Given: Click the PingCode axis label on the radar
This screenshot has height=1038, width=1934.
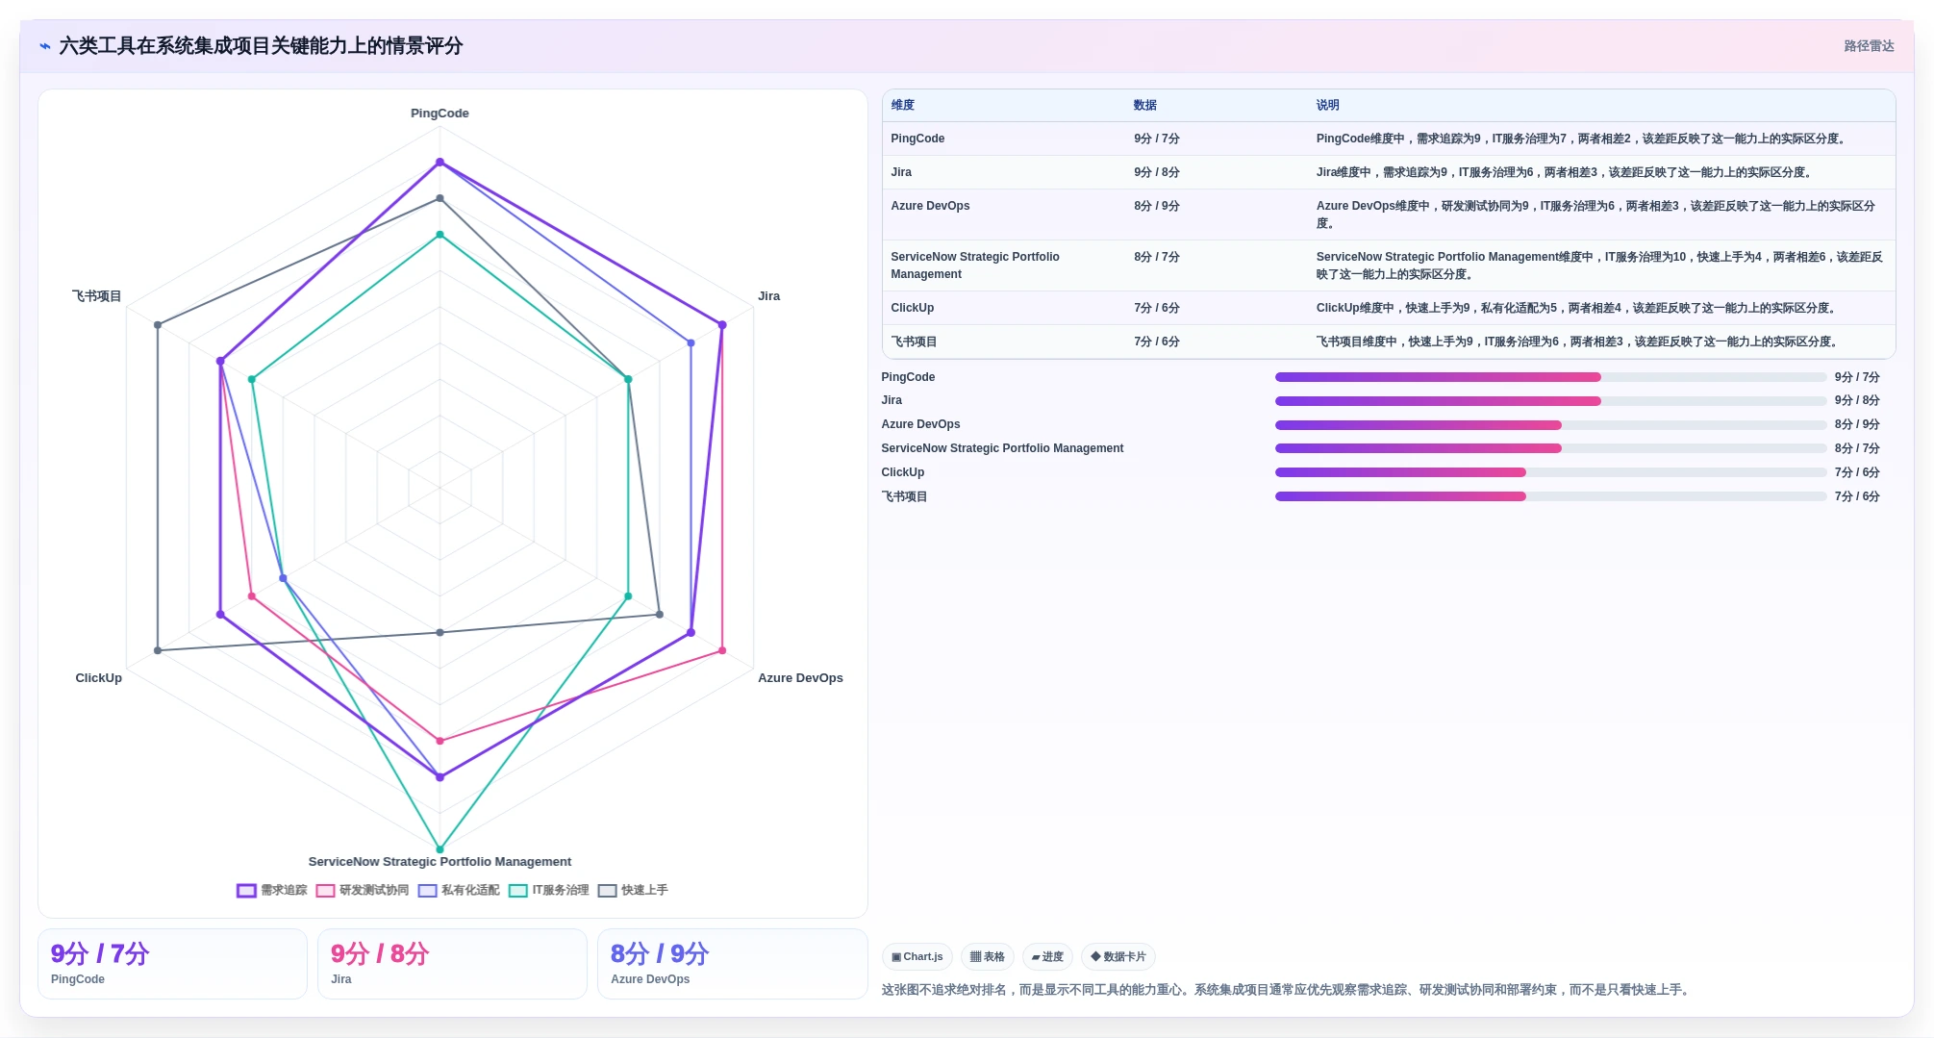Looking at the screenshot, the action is click(x=440, y=114).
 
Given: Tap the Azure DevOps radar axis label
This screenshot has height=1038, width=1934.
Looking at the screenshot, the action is click(x=800, y=678).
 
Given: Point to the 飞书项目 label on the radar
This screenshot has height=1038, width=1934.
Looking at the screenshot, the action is click(x=97, y=296).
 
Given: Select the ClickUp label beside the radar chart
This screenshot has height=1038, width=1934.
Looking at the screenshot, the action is click(x=99, y=678).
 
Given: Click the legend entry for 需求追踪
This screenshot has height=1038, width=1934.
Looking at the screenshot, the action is click(x=272, y=891).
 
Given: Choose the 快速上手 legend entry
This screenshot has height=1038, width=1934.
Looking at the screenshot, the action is click(x=633, y=891).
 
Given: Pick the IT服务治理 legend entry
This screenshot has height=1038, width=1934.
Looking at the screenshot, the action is click(x=549, y=891).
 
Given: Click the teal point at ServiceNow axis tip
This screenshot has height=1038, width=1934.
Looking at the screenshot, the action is click(x=440, y=849).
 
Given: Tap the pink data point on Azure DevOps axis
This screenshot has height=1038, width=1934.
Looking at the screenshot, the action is click(x=722, y=651).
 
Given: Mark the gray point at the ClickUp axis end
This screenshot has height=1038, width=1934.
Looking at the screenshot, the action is click(x=158, y=651).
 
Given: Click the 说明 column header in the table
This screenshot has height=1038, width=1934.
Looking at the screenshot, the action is click(x=1327, y=106).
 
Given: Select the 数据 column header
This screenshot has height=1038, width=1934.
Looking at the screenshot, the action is click(x=1144, y=106).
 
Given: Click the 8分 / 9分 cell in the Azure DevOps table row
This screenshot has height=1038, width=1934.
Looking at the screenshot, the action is click(x=1156, y=206).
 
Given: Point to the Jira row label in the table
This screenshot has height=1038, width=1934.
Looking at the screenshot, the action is click(x=901, y=172).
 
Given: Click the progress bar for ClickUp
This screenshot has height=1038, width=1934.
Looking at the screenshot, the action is click(x=1550, y=472).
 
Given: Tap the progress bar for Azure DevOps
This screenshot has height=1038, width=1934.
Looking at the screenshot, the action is click(x=1550, y=425).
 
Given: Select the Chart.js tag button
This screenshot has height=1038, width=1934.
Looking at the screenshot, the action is click(x=917, y=957).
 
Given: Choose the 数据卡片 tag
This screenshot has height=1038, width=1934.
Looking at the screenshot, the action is click(x=1118, y=957).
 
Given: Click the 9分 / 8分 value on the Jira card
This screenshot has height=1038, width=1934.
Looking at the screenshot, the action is click(x=380, y=954).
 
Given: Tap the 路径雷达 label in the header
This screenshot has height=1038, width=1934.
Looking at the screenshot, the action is click(x=1869, y=46).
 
